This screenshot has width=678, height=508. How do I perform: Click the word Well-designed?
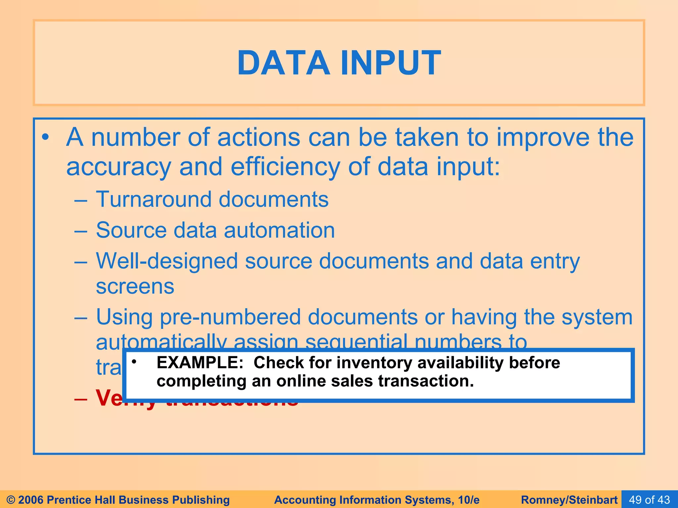(167, 261)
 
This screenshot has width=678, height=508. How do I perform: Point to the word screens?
(135, 286)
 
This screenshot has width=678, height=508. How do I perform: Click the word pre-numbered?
(230, 317)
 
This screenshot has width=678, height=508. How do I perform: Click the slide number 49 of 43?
(649, 500)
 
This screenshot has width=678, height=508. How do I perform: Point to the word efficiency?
(285, 167)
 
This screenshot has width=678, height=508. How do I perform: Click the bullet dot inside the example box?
(134, 362)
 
